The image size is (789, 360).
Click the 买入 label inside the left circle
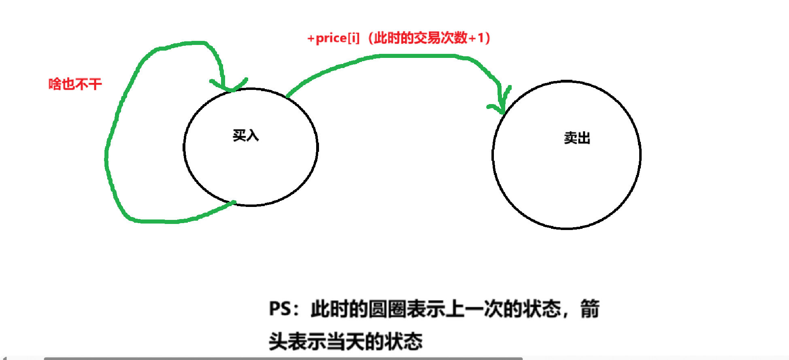point(245,135)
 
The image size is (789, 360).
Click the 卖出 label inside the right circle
point(577,138)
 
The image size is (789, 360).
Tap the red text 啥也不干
point(75,84)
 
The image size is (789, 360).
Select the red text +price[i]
point(333,38)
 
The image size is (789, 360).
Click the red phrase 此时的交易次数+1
point(430,38)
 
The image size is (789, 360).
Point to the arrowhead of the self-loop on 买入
point(229,87)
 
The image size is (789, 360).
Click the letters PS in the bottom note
point(280,309)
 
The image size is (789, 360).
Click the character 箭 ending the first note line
point(590,309)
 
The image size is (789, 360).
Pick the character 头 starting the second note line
point(279,341)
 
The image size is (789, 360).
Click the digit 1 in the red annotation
point(481,38)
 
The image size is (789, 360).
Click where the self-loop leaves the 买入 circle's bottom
point(233,202)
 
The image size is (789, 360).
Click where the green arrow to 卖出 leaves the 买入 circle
point(288,96)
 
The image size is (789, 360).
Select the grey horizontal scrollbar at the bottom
point(283,358)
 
